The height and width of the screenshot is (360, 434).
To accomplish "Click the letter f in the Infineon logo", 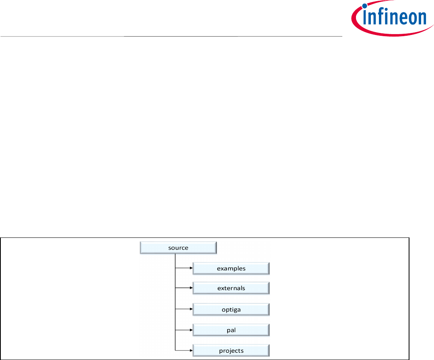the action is (x=380, y=18).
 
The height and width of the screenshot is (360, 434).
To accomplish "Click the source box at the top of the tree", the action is (x=178, y=248).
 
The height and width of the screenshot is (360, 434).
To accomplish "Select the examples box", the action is (x=231, y=268).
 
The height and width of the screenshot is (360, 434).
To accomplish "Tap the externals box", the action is (x=231, y=288).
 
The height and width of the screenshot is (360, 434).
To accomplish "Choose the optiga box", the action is (x=231, y=310).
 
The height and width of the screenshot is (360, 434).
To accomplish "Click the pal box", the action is (x=231, y=330).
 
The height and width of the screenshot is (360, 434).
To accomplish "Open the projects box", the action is (x=231, y=350).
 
